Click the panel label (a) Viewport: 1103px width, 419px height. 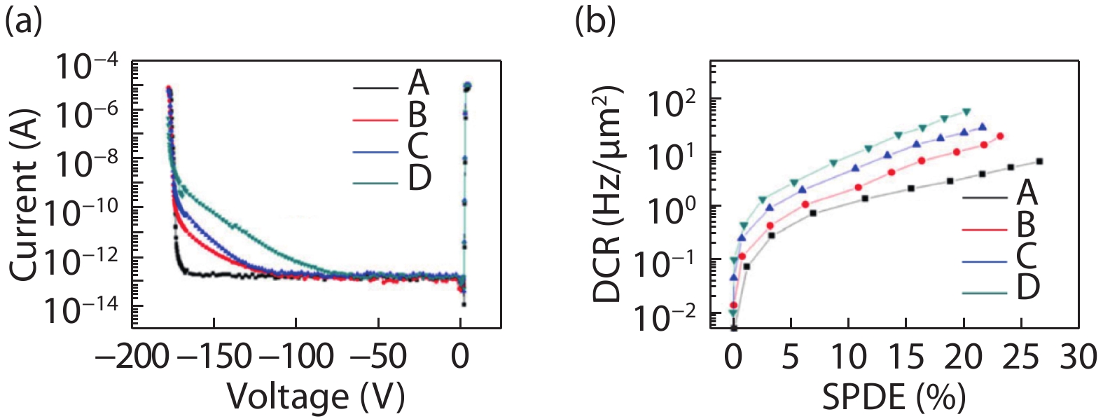(x=23, y=20)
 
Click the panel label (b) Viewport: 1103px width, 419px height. (x=595, y=20)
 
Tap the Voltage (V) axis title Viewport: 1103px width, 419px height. (x=316, y=397)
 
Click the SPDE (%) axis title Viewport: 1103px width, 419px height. (x=894, y=398)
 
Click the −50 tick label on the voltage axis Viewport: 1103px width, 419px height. (x=378, y=357)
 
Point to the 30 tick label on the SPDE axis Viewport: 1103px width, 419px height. (x=1078, y=357)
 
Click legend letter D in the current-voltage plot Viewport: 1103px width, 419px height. (x=419, y=179)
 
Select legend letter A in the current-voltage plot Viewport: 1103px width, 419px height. (x=418, y=83)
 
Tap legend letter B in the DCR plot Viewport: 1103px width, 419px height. (x=1026, y=226)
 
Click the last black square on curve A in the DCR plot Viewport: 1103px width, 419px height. (x=1039, y=162)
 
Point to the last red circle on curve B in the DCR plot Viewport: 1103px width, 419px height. (x=1000, y=137)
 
